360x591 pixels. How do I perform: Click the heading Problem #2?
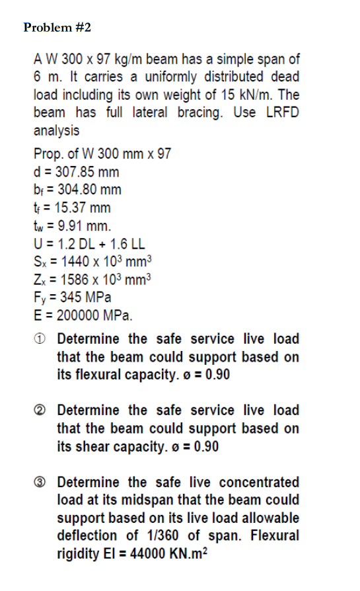57,28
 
